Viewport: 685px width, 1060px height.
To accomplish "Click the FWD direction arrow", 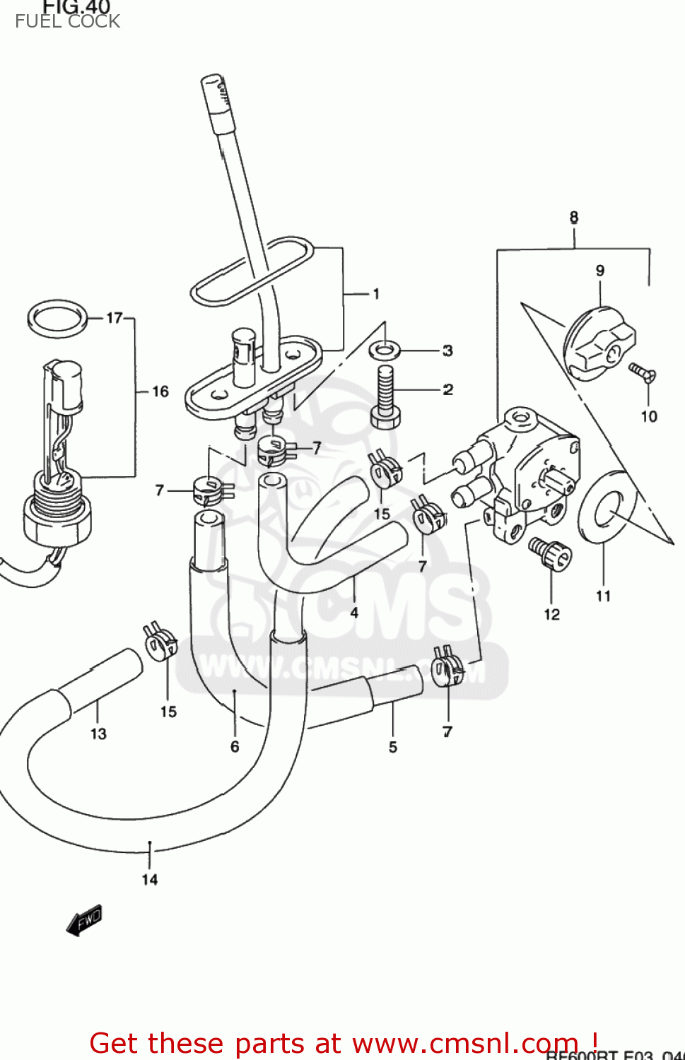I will (x=84, y=920).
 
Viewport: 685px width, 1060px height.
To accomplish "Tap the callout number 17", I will (x=115, y=318).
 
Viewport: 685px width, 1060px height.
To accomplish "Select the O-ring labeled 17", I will (x=57, y=319).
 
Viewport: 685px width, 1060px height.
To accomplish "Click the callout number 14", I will (x=150, y=879).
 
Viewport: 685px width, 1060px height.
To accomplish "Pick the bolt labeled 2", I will (x=385, y=399).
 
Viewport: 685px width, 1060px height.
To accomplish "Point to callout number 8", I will (x=574, y=217).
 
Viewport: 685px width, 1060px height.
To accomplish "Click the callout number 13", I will (x=98, y=734).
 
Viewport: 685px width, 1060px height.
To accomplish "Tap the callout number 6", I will (x=235, y=746).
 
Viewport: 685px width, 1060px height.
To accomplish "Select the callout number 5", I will (x=393, y=747).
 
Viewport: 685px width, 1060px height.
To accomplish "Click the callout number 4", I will (x=354, y=613).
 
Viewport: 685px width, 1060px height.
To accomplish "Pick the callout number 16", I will (x=160, y=391).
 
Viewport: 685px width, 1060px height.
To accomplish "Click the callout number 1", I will (x=376, y=293).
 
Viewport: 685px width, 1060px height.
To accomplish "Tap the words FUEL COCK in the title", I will (x=67, y=21).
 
